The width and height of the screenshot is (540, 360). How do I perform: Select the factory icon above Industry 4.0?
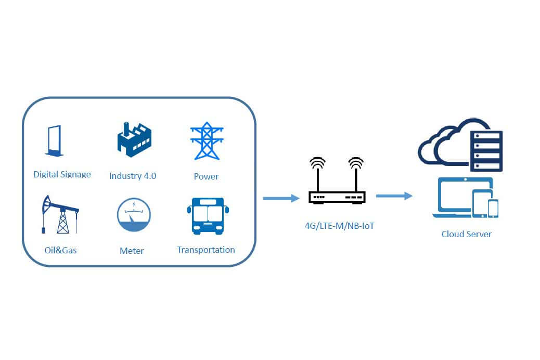[x=134, y=139]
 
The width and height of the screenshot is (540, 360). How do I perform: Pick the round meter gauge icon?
[x=134, y=214]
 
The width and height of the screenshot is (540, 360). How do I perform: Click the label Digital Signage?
[x=62, y=174]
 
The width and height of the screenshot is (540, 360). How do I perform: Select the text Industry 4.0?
[x=133, y=176]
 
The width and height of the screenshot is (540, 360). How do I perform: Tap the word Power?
[x=206, y=176]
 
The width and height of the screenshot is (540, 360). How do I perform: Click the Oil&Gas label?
[x=60, y=250]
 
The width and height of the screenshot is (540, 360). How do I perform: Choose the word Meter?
[x=132, y=251]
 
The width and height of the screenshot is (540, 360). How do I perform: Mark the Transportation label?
[x=206, y=250]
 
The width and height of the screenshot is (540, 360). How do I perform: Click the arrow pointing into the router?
[x=281, y=198]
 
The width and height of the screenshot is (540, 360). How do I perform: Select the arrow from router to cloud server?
[x=394, y=196]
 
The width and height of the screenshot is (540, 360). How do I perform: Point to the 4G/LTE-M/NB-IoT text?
[x=339, y=226]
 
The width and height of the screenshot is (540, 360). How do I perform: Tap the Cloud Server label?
[x=466, y=234]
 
